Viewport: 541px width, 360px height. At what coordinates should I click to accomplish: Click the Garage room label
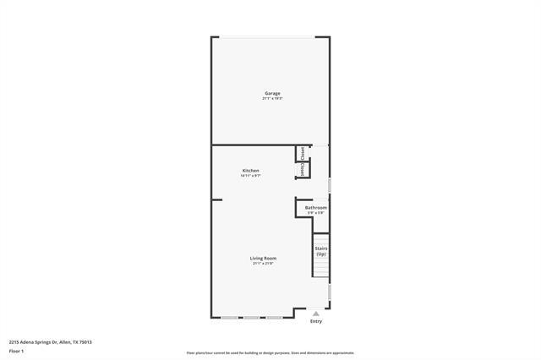[272, 93]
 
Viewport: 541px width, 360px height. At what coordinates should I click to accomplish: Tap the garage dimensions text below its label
[272, 99]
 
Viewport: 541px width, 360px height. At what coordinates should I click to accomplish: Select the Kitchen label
[251, 171]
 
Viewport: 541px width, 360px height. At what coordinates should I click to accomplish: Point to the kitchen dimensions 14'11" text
[251, 176]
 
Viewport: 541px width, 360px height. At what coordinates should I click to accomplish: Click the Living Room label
[263, 258]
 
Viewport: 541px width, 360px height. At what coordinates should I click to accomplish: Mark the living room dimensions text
[263, 264]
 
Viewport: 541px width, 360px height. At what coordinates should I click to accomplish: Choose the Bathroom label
[316, 207]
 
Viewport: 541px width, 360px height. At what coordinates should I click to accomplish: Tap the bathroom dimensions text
[316, 212]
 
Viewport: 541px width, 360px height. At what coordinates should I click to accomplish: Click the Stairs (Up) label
[321, 251]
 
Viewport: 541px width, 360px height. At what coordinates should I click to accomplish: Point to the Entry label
[316, 321]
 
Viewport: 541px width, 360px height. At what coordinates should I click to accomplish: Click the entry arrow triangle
[316, 313]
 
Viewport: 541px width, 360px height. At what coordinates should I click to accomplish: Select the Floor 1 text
[16, 349]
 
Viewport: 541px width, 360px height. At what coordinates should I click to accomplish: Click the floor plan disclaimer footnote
[270, 353]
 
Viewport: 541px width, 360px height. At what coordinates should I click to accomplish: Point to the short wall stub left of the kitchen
[216, 200]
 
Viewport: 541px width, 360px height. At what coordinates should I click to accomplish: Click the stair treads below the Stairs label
[321, 268]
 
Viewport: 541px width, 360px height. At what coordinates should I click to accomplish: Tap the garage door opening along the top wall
[270, 36]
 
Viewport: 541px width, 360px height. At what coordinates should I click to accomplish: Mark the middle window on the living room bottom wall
[251, 318]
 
